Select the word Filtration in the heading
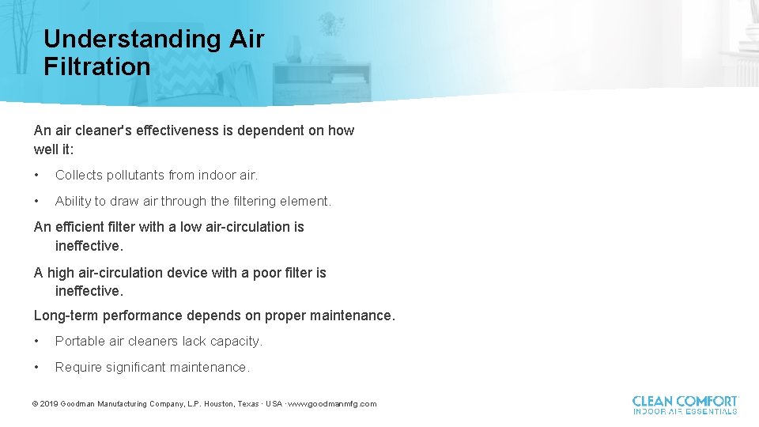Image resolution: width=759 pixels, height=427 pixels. pos(96,66)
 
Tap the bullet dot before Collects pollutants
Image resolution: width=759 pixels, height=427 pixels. pos(37,176)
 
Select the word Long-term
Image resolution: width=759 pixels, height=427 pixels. pos(66,316)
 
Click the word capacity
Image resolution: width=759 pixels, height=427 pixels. pos(236,342)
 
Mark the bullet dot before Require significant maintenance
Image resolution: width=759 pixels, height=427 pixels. pos(37,368)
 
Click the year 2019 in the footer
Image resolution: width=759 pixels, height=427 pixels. pos(49,404)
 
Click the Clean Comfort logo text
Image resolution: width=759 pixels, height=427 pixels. pos(685,405)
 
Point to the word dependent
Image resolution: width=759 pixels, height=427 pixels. pos(273,130)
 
